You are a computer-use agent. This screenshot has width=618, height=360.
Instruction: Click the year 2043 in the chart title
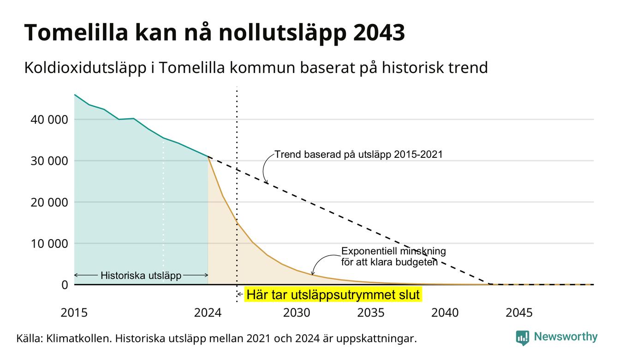(x=379, y=33)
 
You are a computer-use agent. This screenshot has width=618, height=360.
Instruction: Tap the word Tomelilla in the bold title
(x=77, y=33)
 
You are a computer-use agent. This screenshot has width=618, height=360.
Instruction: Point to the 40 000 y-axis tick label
(x=49, y=120)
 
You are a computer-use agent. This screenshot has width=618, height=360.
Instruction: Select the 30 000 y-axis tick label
(x=49, y=161)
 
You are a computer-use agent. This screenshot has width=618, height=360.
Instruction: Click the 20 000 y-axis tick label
(x=49, y=202)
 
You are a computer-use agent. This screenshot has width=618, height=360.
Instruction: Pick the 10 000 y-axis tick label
(x=49, y=244)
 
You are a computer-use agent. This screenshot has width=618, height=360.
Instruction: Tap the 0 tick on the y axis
(x=65, y=285)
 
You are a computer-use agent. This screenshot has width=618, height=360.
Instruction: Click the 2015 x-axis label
(x=74, y=313)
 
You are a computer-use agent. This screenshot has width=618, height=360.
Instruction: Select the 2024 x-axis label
(x=208, y=313)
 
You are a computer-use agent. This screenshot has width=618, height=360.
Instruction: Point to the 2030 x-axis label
(x=297, y=313)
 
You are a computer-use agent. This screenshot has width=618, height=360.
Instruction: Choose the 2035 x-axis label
(x=371, y=313)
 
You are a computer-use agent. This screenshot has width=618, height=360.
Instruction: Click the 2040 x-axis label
(x=445, y=313)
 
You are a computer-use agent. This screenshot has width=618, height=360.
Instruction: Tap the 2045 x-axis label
(x=519, y=313)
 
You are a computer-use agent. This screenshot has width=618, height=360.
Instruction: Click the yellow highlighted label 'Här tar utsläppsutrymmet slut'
(x=333, y=295)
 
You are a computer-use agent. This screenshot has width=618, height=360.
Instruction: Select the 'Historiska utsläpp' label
(x=141, y=276)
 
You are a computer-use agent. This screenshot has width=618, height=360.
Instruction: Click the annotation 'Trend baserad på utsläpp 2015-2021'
(x=359, y=155)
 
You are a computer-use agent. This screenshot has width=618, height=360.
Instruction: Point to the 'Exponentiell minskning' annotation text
(x=394, y=251)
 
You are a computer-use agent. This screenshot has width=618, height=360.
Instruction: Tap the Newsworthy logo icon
(x=522, y=338)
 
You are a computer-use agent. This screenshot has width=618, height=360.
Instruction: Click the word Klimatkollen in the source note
(x=79, y=338)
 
